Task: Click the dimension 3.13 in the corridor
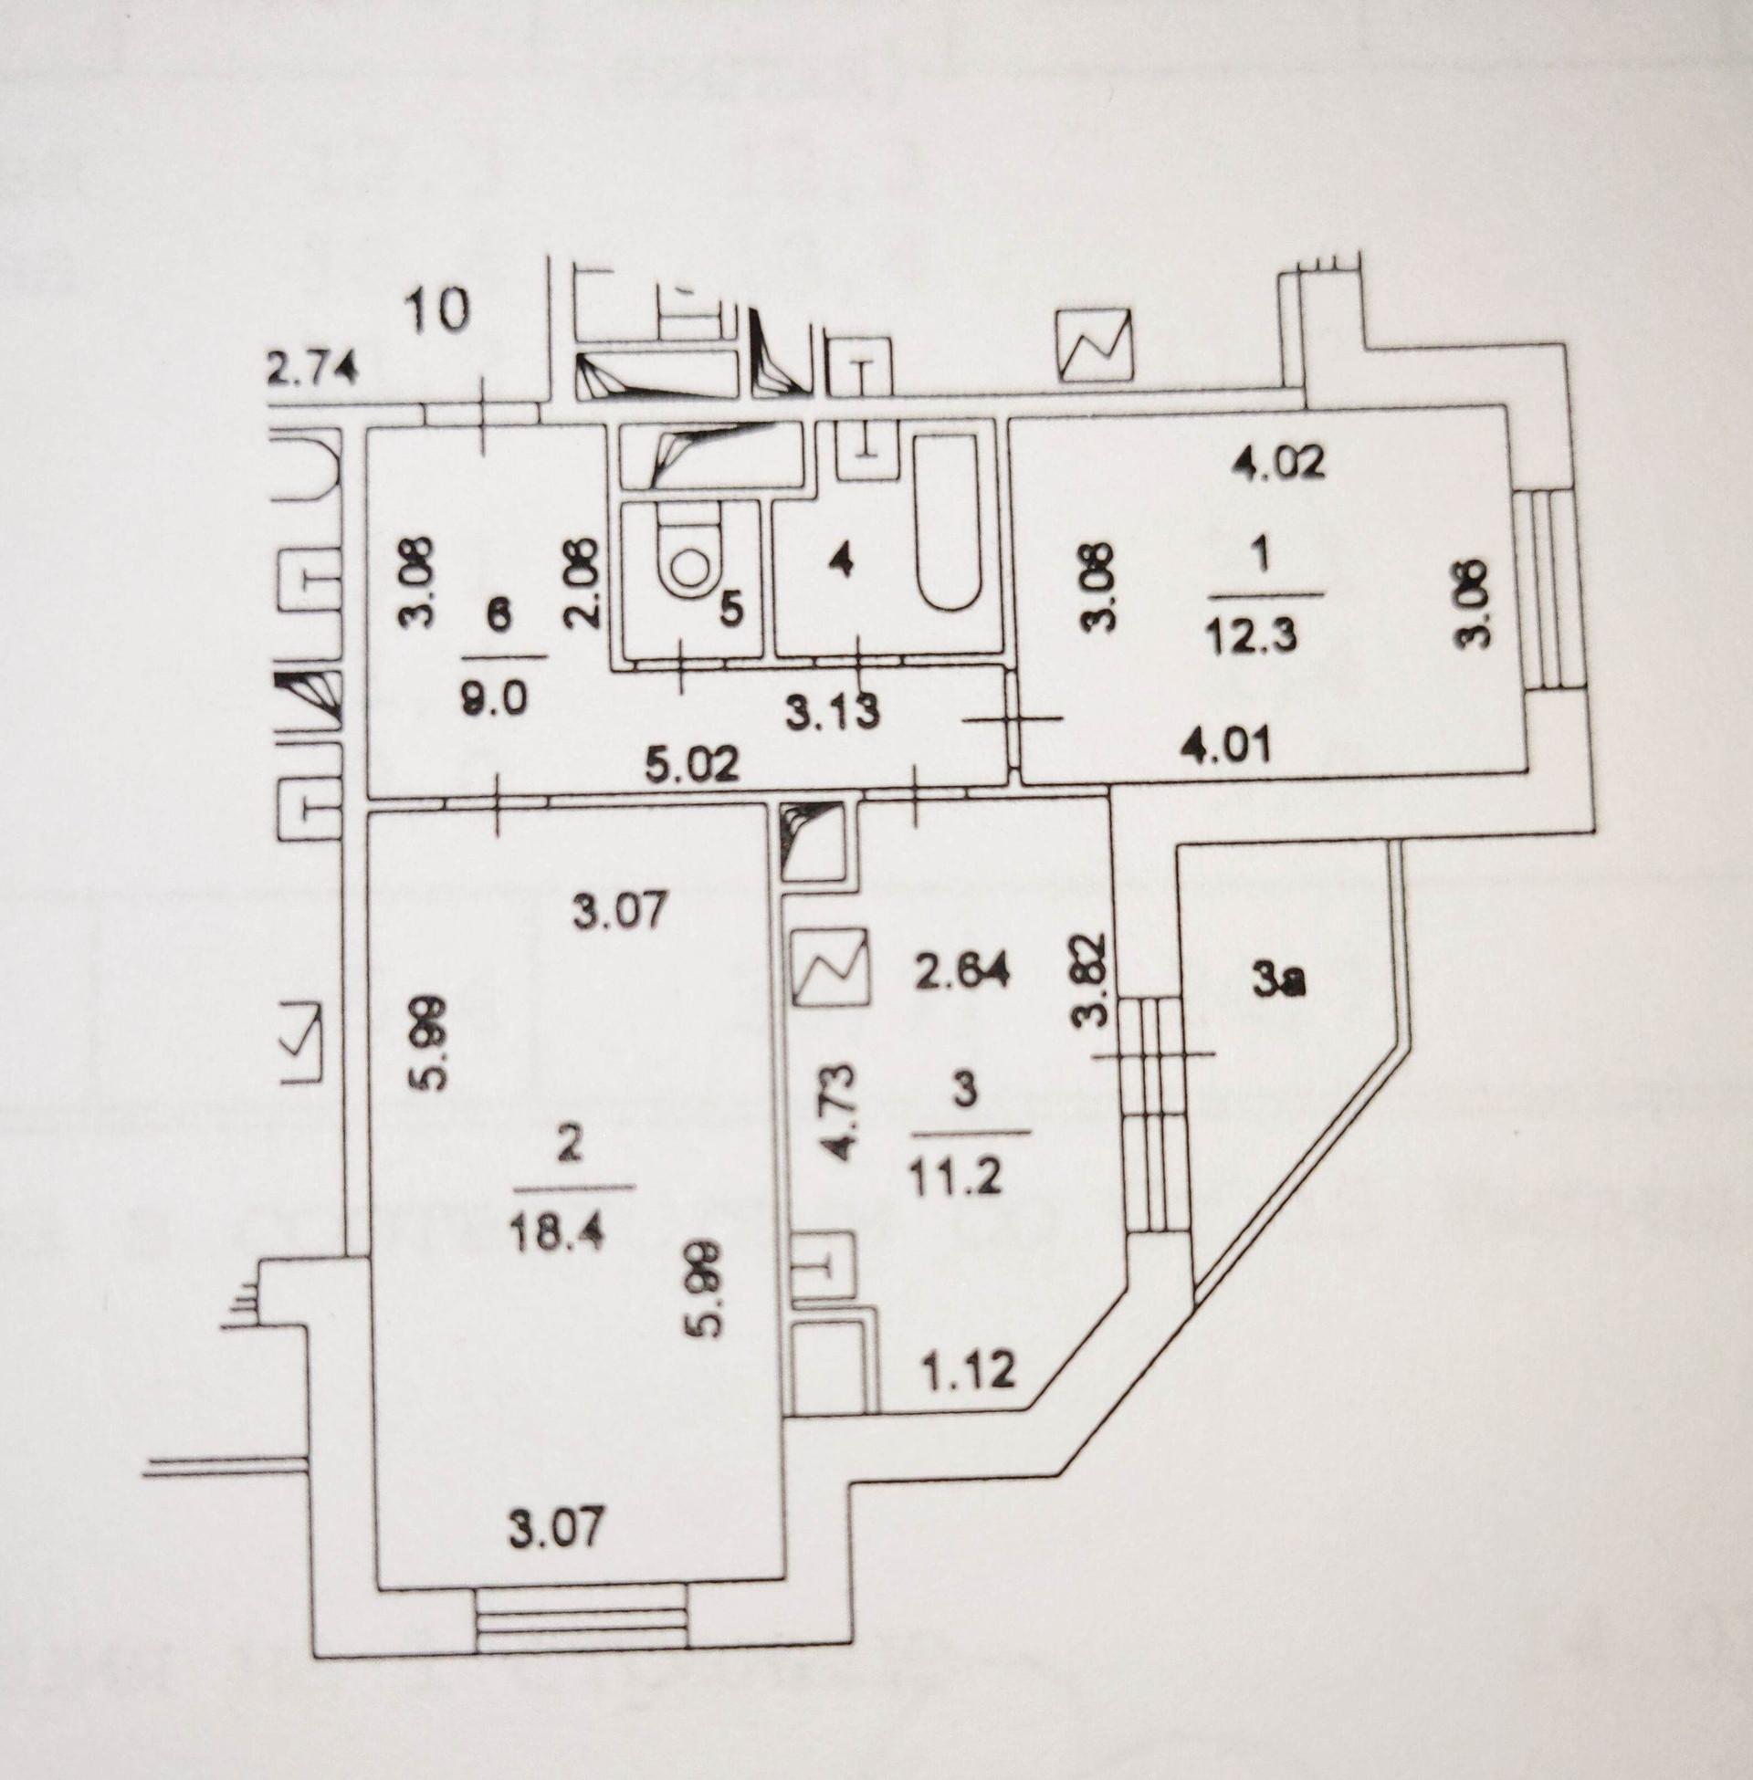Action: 835,711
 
